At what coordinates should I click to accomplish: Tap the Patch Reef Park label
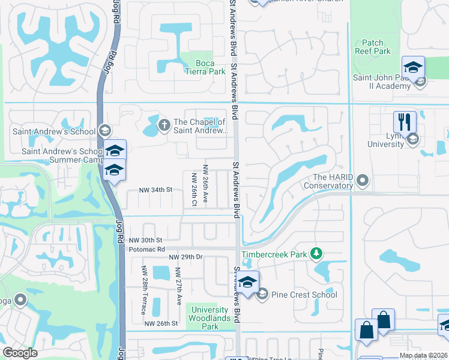click(377, 47)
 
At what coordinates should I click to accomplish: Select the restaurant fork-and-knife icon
click(405, 122)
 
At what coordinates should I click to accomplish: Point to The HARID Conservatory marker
click(363, 180)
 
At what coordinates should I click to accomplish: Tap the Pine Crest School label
click(304, 295)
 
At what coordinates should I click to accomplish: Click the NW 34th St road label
click(155, 190)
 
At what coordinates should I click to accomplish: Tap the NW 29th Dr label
click(187, 257)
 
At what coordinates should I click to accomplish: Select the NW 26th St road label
click(161, 323)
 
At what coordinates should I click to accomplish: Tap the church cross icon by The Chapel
click(163, 125)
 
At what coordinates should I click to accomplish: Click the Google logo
click(20, 352)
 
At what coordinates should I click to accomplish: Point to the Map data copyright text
click(423, 355)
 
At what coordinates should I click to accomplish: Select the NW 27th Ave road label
click(179, 287)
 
